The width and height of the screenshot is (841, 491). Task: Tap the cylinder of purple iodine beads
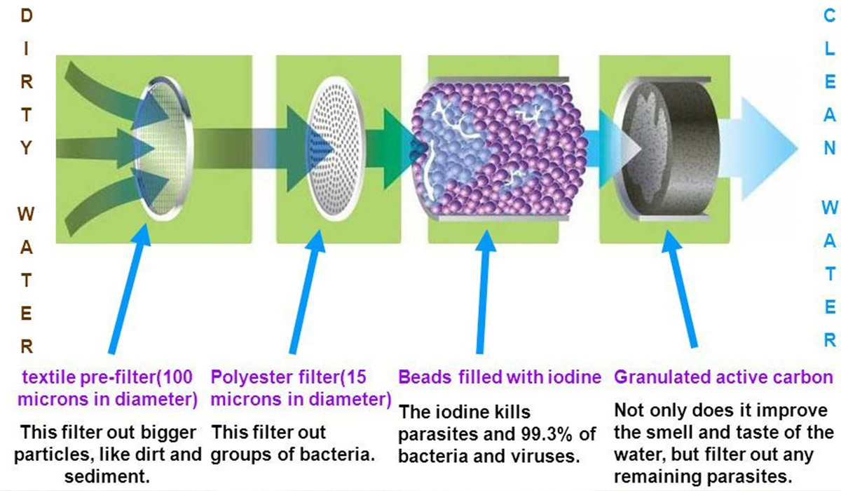(x=499, y=149)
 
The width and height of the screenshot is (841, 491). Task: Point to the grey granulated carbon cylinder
(x=669, y=149)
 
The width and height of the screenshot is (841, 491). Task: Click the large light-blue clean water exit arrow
(x=758, y=148)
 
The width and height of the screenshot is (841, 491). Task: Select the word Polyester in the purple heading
(x=248, y=377)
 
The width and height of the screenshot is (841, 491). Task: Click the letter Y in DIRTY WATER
(x=26, y=148)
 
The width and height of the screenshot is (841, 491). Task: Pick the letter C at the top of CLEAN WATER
(x=829, y=15)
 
